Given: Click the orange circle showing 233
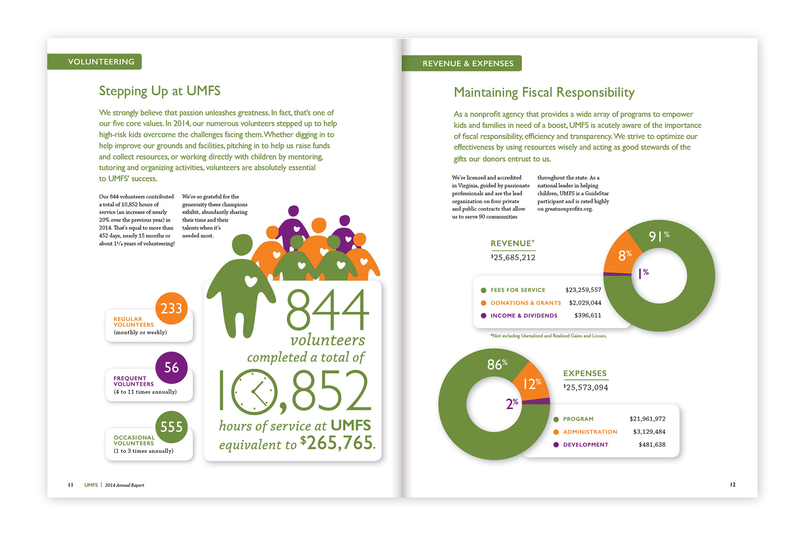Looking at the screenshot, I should [x=171, y=308].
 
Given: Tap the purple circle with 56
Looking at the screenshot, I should [x=171, y=368].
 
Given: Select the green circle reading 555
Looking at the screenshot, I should [x=171, y=427].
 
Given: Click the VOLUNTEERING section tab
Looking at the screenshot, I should [x=101, y=62].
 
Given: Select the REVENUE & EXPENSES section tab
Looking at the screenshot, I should [x=468, y=63].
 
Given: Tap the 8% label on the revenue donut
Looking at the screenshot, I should [x=625, y=255].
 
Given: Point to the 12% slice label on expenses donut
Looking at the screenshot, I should [x=531, y=384].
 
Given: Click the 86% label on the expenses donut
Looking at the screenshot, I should [x=497, y=364].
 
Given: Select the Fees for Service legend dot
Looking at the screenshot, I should [x=484, y=290].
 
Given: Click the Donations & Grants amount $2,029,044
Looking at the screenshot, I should [x=585, y=303].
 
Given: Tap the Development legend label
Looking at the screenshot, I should [x=586, y=445].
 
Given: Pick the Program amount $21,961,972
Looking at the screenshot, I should [x=647, y=419].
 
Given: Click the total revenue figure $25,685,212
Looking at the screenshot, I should [x=513, y=258].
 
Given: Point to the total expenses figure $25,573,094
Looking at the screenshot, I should [x=586, y=388].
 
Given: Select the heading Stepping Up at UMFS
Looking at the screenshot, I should [x=160, y=91].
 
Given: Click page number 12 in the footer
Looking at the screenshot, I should [x=733, y=485].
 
